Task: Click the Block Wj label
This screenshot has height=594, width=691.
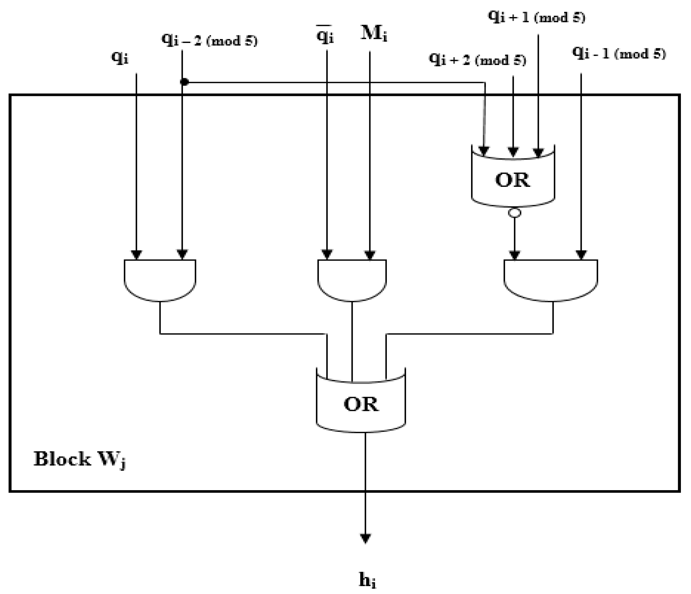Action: (x=80, y=459)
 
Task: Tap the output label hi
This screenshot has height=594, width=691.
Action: (x=368, y=580)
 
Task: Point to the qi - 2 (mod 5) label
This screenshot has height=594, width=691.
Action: (x=210, y=40)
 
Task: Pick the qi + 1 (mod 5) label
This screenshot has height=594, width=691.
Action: (x=537, y=17)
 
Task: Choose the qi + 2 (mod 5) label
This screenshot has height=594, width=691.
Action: (x=477, y=60)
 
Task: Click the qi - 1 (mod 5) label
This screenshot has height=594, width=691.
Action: (x=619, y=54)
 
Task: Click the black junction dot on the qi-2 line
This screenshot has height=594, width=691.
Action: (x=184, y=82)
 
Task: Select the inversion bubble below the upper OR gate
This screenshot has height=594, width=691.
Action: (x=514, y=212)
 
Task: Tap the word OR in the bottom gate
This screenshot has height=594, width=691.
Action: (x=361, y=404)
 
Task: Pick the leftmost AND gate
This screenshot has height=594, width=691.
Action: (x=160, y=279)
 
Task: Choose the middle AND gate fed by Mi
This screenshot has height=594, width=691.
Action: (x=352, y=279)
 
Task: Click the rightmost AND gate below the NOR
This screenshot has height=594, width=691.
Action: (x=550, y=279)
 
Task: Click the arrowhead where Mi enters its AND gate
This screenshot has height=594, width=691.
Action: (x=369, y=255)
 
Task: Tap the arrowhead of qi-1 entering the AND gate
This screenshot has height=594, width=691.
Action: (x=581, y=255)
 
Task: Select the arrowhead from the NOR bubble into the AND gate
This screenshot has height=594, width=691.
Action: (x=515, y=255)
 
